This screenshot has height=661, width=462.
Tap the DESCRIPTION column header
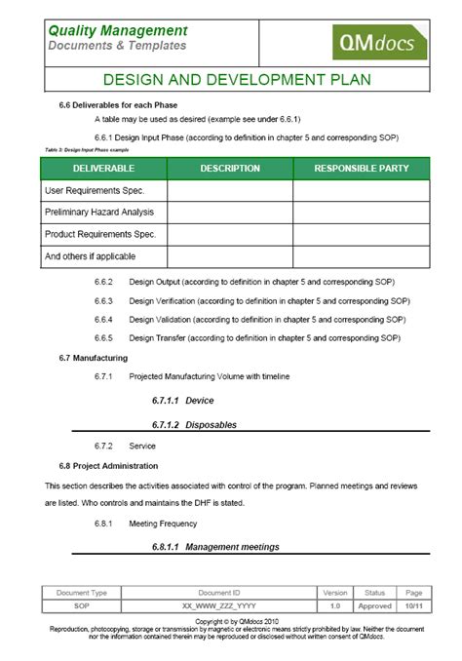pos(230,168)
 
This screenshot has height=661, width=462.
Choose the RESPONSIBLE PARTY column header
pos(361,168)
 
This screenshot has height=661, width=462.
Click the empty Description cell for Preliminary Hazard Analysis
pos(230,212)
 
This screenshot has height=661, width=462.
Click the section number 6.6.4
pos(104,319)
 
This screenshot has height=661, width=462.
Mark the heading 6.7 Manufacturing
pos(94,358)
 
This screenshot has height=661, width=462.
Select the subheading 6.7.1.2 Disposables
pos(194,425)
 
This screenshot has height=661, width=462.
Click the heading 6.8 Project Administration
pos(108,465)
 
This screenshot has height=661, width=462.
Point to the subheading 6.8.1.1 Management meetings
pos(215,547)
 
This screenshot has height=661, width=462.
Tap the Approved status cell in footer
pos(375,605)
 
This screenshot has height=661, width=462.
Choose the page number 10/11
pos(413,605)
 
